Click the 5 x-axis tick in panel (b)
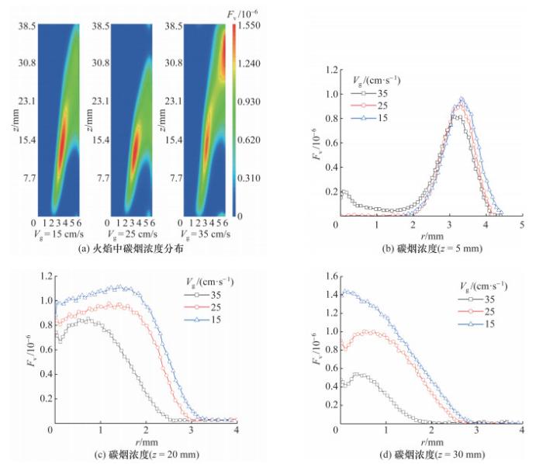point(521,225)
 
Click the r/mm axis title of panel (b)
point(427,237)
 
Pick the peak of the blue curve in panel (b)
point(462,99)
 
